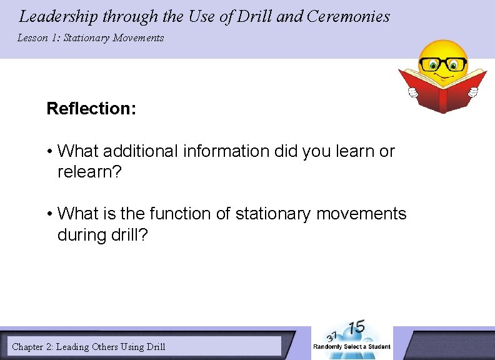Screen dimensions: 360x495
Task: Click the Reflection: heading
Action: [91, 109]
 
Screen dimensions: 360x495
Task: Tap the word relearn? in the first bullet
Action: [89, 172]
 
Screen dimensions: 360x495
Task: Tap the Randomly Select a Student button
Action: [351, 346]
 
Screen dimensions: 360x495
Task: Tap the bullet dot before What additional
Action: [49, 152]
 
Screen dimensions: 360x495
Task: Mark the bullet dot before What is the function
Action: [49, 214]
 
